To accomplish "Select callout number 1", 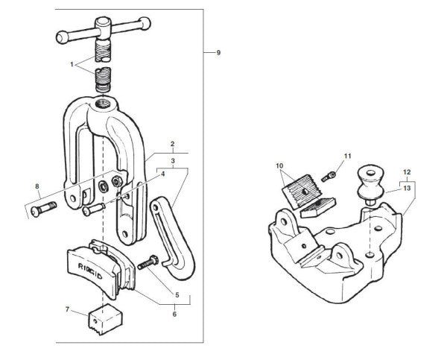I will (x=73, y=65).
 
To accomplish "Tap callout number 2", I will (x=172, y=143).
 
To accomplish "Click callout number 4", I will (x=162, y=175).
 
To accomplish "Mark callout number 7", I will (x=68, y=310).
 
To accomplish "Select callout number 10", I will (x=279, y=165).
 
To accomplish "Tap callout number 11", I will (x=346, y=156).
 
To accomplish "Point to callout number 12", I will (x=406, y=173).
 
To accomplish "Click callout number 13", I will (x=406, y=189).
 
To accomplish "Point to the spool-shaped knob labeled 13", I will (x=370, y=183).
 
